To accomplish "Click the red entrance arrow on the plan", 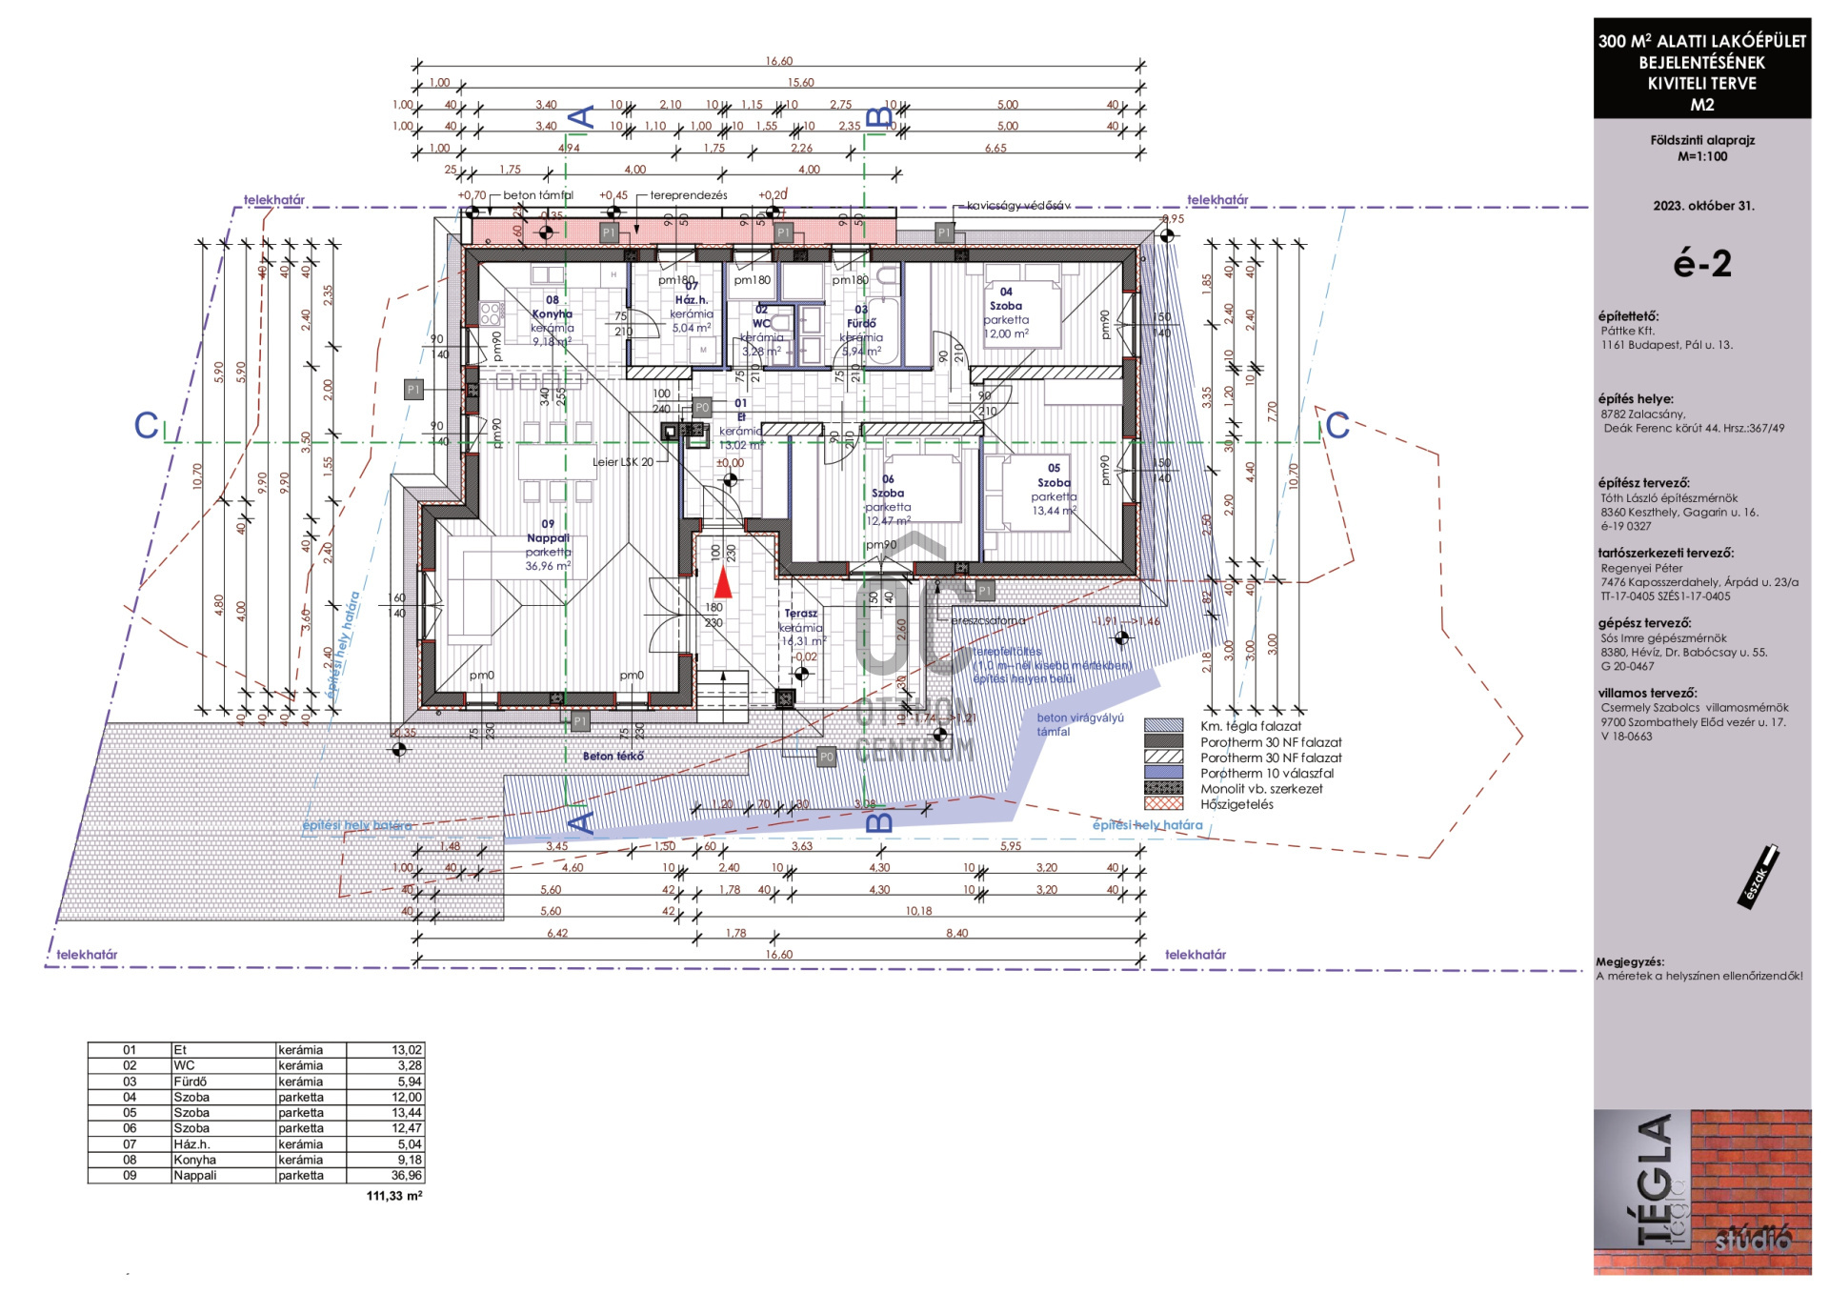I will [x=723, y=581].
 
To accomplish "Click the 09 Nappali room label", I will [x=548, y=531].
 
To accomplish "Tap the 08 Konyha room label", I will [x=552, y=307].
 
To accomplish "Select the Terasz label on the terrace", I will [x=800, y=614].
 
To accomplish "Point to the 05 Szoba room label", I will [x=1054, y=475].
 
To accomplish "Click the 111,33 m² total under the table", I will [x=393, y=1196].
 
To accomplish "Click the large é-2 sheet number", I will [x=1701, y=264].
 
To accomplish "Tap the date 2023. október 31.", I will [x=1703, y=206].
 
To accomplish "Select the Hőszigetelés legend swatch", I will [x=1163, y=804].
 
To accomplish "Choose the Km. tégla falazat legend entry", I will [x=1250, y=726].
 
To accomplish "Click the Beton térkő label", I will [x=613, y=757].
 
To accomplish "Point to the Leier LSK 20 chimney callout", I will [x=623, y=462].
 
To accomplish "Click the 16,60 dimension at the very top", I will [x=778, y=61].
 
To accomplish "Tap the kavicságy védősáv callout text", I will [x=1017, y=206].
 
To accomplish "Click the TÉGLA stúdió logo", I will [x=1701, y=1192].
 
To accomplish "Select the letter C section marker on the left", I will [x=146, y=426].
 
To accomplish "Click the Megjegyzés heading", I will [x=1630, y=962].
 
